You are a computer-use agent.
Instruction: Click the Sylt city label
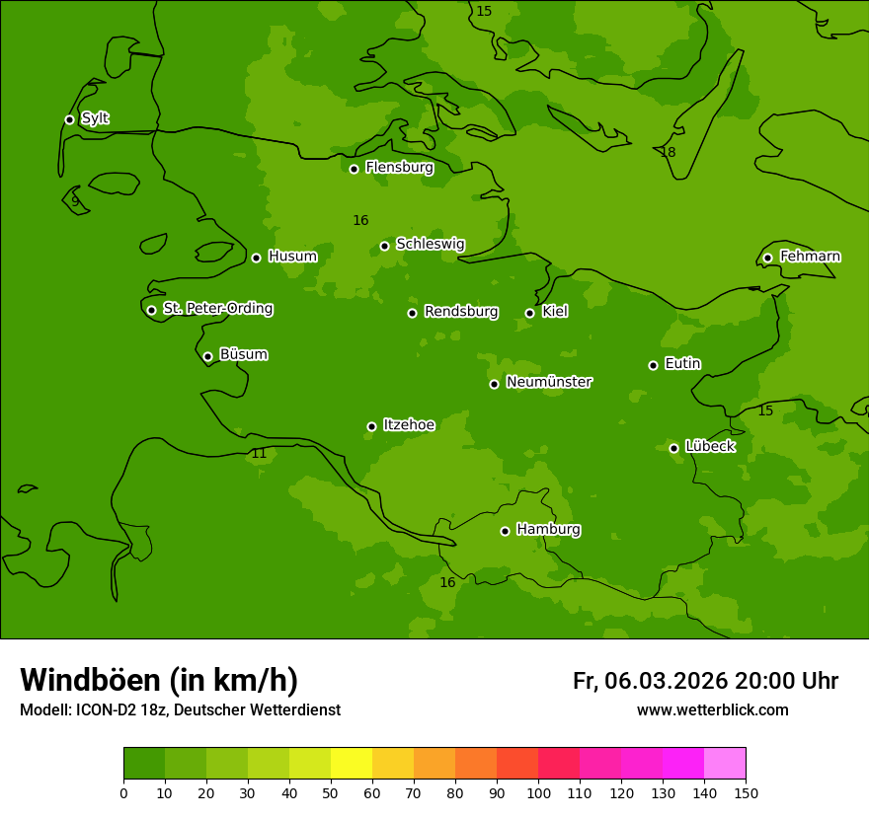tap(95, 118)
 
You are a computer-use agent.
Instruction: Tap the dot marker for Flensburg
tap(354, 169)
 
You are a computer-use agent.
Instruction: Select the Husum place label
tap(292, 257)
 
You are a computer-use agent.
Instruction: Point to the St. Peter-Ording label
tap(217, 309)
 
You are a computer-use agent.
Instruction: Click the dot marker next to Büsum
tap(207, 356)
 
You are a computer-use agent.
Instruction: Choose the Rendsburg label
tap(460, 312)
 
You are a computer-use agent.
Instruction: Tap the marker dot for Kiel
tap(529, 313)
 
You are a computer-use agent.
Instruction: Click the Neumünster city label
tap(548, 382)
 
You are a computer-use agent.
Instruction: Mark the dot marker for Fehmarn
tap(767, 258)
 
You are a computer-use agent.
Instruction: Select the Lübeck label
tap(709, 447)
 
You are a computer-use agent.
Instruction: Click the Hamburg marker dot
tap(505, 531)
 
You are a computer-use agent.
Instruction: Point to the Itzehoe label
tap(408, 425)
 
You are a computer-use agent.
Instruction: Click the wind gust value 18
tap(668, 153)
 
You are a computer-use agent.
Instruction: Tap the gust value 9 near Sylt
tap(75, 201)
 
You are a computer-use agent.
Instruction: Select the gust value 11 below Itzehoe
tap(259, 454)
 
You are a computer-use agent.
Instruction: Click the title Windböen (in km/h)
tap(159, 680)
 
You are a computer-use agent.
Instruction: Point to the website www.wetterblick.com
tap(712, 710)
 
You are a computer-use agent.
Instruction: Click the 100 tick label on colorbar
tap(538, 793)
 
